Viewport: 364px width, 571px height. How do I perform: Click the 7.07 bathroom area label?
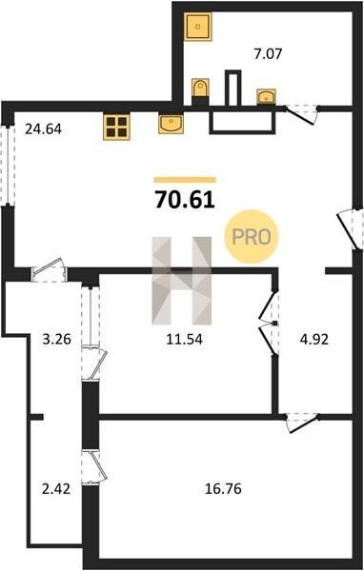268,54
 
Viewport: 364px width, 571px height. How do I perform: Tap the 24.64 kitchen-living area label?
43,128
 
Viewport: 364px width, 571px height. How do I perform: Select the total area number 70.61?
185,200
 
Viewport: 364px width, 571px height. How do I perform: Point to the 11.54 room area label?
184,340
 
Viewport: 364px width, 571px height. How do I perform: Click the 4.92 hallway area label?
314,340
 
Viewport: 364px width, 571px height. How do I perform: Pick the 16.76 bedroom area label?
223,489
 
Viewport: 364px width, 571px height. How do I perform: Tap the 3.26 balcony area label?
56,340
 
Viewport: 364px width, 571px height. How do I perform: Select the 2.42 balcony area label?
56,489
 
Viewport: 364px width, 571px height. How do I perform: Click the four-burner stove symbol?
116,127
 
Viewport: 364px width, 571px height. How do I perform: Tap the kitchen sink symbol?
172,124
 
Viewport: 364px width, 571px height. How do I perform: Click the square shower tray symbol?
197,27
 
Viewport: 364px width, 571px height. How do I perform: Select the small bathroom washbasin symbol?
267,97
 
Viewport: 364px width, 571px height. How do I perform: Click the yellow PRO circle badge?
252,237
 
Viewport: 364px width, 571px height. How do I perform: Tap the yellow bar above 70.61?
185,180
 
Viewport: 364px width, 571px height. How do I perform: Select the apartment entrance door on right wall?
351,228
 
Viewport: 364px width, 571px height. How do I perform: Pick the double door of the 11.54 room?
270,323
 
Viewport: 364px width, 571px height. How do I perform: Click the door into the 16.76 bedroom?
301,423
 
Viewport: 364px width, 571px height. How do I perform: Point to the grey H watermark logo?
182,281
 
